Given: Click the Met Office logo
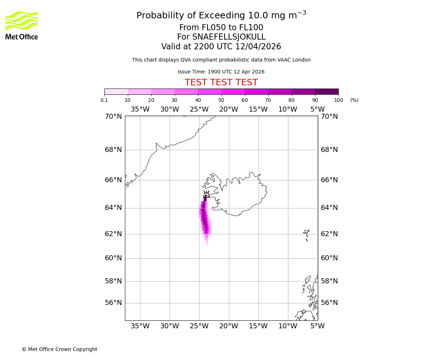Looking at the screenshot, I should click(22, 25).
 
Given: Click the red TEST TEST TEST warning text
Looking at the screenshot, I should click(221, 83).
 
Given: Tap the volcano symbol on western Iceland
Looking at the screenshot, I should click(206, 194).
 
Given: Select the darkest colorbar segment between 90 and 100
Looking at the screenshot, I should click(327, 91).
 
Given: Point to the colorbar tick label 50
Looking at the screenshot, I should click(221, 100).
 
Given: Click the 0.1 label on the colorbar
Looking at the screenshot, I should click(104, 100).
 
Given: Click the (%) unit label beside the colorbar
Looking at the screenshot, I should click(354, 100).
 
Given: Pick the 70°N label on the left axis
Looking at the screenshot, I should click(113, 117).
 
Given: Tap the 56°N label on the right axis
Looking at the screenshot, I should click(329, 303).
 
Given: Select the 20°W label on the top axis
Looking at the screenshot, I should click(229, 109).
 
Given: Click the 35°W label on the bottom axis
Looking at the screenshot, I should click(140, 326).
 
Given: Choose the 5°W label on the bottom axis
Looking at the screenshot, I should click(318, 326).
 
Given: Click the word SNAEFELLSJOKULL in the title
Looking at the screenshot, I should click(229, 37).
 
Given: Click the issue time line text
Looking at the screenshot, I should click(221, 72).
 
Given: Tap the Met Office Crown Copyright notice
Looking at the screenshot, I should click(59, 349).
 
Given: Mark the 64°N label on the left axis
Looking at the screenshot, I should click(113, 208).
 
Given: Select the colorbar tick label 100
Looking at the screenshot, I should click(338, 100).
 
